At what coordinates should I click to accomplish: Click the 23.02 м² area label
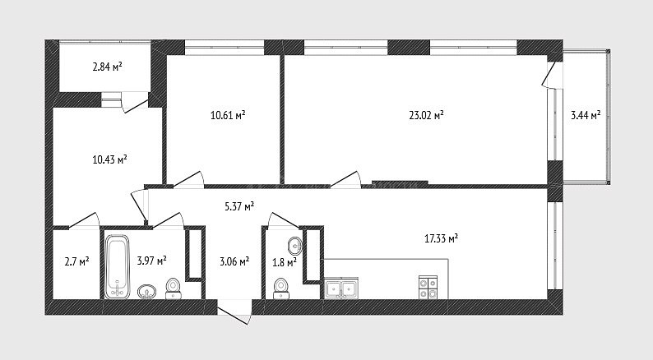click(x=426, y=115)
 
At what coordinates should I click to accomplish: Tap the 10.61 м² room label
click(x=228, y=115)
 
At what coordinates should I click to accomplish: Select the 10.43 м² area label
click(x=109, y=159)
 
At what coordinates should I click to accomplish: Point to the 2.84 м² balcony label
click(x=108, y=67)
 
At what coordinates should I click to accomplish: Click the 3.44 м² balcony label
click(x=586, y=115)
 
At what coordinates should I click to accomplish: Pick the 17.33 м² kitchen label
click(x=442, y=238)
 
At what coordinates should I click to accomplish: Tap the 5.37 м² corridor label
click(x=239, y=206)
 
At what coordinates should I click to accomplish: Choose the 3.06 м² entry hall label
click(x=234, y=261)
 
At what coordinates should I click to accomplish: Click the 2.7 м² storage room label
click(x=76, y=261)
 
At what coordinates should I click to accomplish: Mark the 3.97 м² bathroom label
click(x=151, y=261)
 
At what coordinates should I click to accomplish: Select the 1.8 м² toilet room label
click(x=285, y=262)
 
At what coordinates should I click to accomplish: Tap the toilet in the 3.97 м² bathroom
click(x=173, y=288)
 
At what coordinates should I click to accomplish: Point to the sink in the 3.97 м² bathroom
click(x=147, y=291)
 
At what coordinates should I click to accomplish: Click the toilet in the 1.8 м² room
click(x=280, y=288)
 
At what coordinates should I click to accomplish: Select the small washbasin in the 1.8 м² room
click(x=295, y=246)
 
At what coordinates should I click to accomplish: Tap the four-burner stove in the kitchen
click(x=428, y=288)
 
